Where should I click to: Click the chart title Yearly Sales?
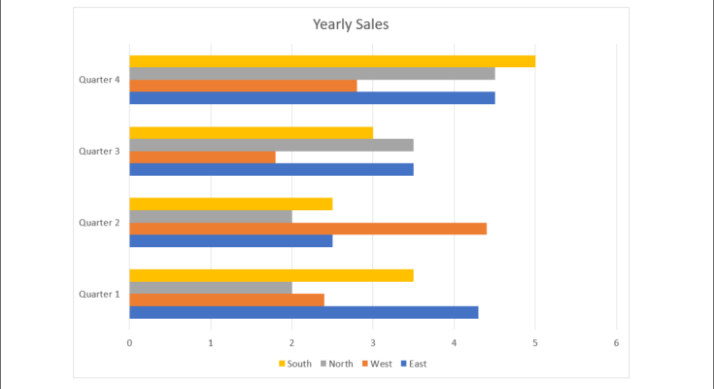coord(350,24)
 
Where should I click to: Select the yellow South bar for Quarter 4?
coord(331,61)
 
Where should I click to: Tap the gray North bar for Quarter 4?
coord(312,74)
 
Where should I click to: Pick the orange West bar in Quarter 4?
coord(243,86)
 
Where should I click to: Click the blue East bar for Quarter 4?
coord(312,97)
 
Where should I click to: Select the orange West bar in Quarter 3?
coord(202,157)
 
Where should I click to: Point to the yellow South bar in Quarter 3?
coord(251,133)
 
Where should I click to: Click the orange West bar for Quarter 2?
coord(307,229)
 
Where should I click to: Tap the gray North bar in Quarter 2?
coord(210,216)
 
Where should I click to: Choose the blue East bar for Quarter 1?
coord(303,312)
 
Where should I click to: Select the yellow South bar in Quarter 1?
coord(271,275)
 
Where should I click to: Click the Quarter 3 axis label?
coord(99,151)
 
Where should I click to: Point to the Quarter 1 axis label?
coord(99,294)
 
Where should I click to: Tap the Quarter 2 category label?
coord(99,223)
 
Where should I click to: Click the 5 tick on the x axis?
coord(535,343)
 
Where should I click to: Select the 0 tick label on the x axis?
coord(129,343)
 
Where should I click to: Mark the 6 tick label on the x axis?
coord(616,343)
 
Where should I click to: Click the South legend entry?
coord(295,365)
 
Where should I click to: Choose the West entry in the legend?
coord(377,365)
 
